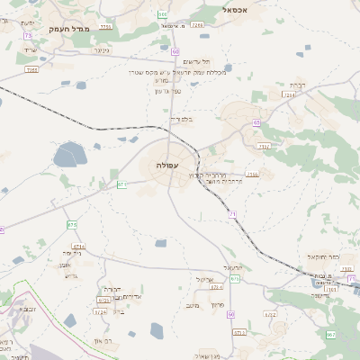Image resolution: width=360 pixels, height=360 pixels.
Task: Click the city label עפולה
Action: click(x=167, y=166)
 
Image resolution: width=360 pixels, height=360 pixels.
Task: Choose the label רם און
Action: click(x=107, y=339)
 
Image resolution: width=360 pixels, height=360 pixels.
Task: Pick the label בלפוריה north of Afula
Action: click(x=180, y=118)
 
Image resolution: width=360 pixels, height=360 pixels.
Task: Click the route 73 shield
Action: click(x=28, y=35)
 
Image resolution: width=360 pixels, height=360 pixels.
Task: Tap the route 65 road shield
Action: click(x=256, y=122)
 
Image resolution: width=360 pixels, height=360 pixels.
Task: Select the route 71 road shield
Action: click(x=232, y=213)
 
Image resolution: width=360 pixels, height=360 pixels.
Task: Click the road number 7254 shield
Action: click(x=289, y=94)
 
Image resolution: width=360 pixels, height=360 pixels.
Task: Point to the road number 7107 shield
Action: click(x=252, y=174)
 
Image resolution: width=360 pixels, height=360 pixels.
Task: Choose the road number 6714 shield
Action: click(x=78, y=246)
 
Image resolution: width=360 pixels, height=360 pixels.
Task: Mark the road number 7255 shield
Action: click(x=106, y=27)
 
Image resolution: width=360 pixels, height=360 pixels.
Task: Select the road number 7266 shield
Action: click(x=197, y=25)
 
